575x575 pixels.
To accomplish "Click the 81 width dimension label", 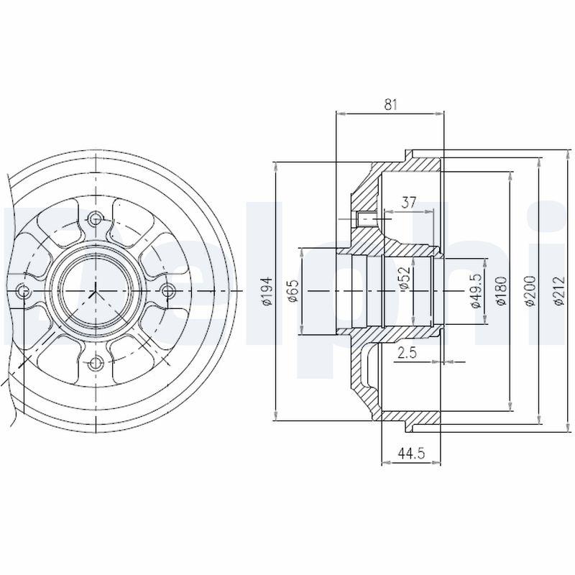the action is (x=390, y=105).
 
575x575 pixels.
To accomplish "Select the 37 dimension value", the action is (x=409, y=202).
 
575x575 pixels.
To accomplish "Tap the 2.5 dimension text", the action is (x=407, y=352).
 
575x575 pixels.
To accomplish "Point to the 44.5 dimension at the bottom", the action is (x=411, y=454).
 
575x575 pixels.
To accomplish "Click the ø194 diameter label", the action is (x=268, y=291).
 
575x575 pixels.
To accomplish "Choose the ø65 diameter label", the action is (x=293, y=292).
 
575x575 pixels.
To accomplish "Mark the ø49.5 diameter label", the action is (x=476, y=291).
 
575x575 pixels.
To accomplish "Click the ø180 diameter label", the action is (x=501, y=291).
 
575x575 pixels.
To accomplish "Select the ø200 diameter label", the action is (x=530, y=291).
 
